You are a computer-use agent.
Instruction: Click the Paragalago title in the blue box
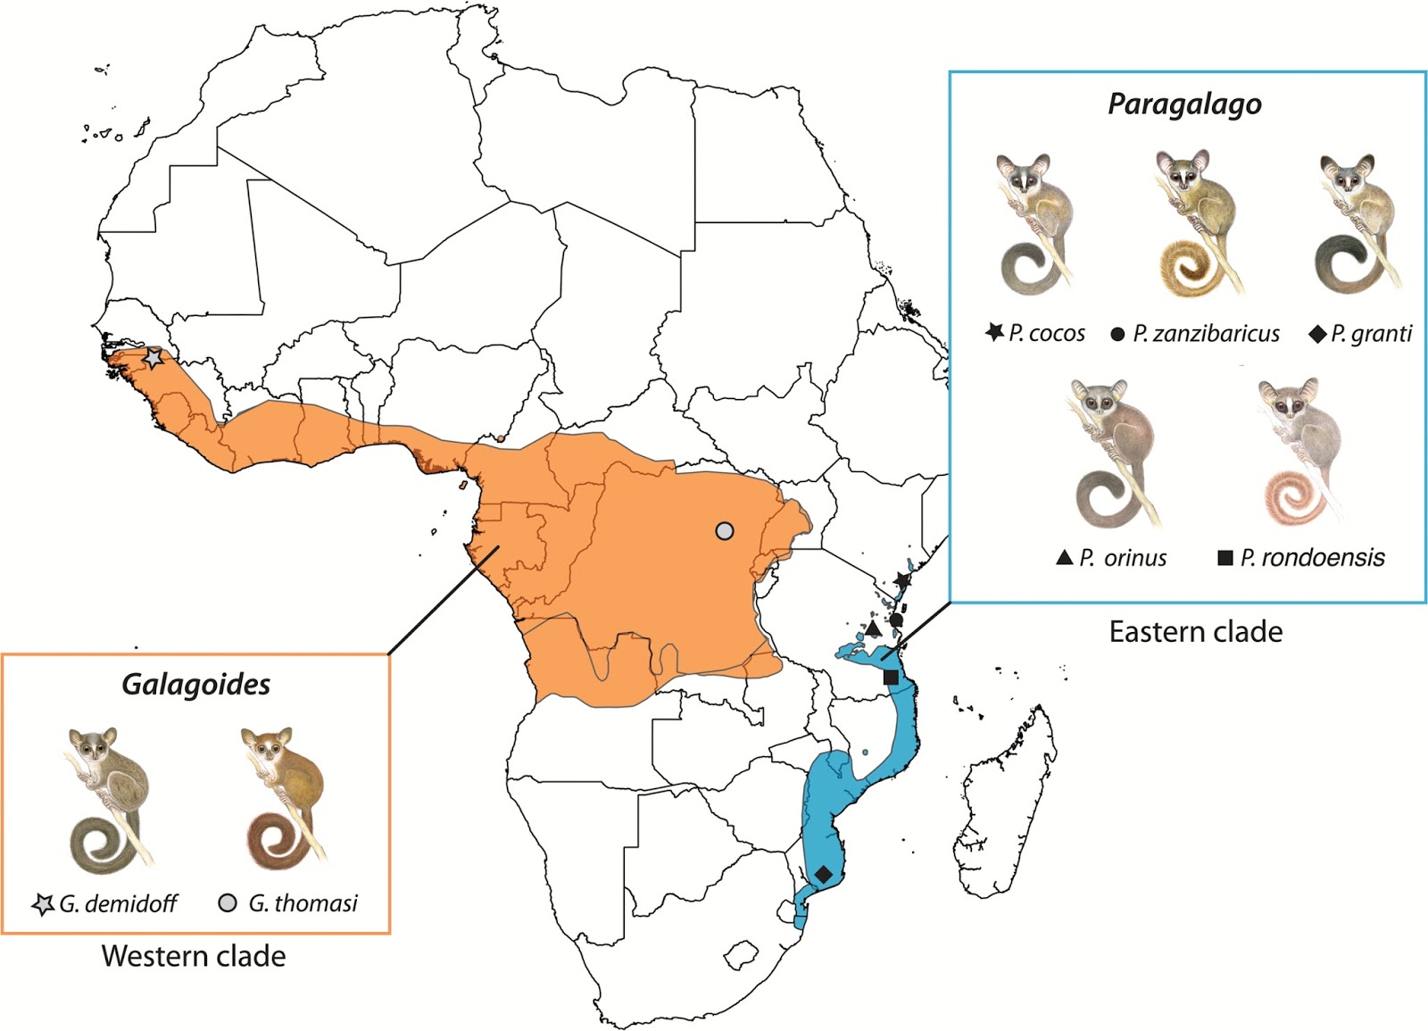(x=1184, y=104)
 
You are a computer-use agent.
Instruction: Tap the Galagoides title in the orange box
(x=195, y=685)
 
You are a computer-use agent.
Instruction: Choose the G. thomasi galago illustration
(x=280, y=799)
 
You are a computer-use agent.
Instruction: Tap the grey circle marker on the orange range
(x=725, y=531)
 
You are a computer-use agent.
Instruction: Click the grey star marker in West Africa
(x=154, y=358)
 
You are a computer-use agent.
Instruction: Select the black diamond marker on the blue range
(x=823, y=874)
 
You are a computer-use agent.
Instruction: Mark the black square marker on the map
(x=891, y=678)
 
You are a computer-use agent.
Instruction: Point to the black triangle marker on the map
(x=874, y=628)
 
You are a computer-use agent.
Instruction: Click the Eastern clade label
(x=1195, y=632)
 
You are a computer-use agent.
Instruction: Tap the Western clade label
(x=194, y=956)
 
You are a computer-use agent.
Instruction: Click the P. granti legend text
(x=1372, y=334)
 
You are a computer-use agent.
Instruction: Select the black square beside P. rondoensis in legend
(x=1225, y=558)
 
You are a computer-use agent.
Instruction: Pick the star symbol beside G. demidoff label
(x=42, y=903)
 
